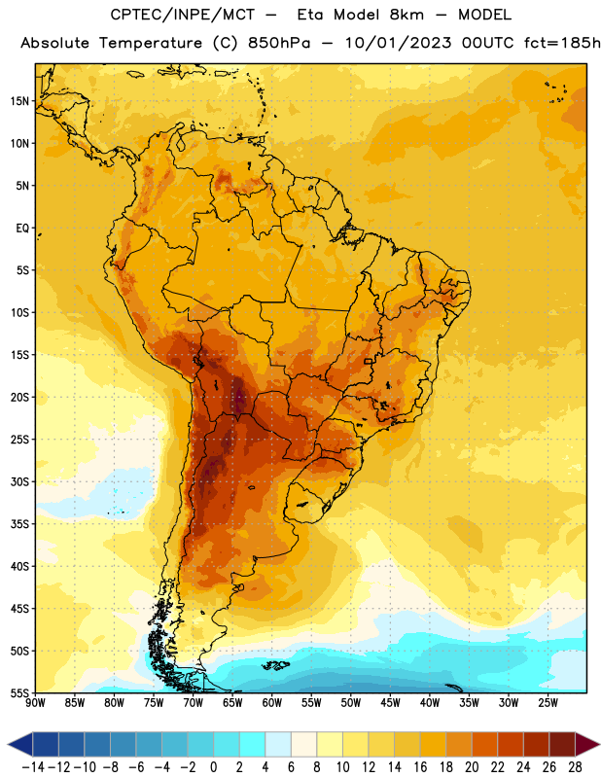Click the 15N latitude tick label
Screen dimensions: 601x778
click(19, 101)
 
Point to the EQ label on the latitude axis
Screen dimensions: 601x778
click(22, 229)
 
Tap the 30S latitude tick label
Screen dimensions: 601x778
click(19, 481)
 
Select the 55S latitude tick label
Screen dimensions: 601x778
click(19, 692)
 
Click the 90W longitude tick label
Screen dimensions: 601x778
click(35, 702)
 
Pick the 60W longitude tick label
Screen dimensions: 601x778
click(272, 702)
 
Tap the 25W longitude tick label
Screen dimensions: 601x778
click(548, 702)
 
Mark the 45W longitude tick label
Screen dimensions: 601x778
click(391, 702)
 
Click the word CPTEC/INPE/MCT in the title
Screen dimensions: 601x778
click(183, 15)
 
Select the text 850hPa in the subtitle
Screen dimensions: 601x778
click(279, 43)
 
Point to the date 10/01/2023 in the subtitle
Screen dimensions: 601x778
click(399, 43)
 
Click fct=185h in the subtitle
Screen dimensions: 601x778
click(562, 43)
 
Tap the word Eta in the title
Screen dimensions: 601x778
click(310, 15)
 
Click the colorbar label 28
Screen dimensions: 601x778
click(575, 767)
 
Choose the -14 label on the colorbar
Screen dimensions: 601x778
click(33, 767)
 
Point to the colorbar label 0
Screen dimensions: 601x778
click(214, 767)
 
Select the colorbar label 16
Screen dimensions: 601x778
click(420, 767)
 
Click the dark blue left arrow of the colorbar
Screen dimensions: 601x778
click(20, 744)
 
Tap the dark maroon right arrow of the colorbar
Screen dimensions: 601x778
click(587, 744)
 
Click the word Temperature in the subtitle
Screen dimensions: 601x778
click(151, 44)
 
